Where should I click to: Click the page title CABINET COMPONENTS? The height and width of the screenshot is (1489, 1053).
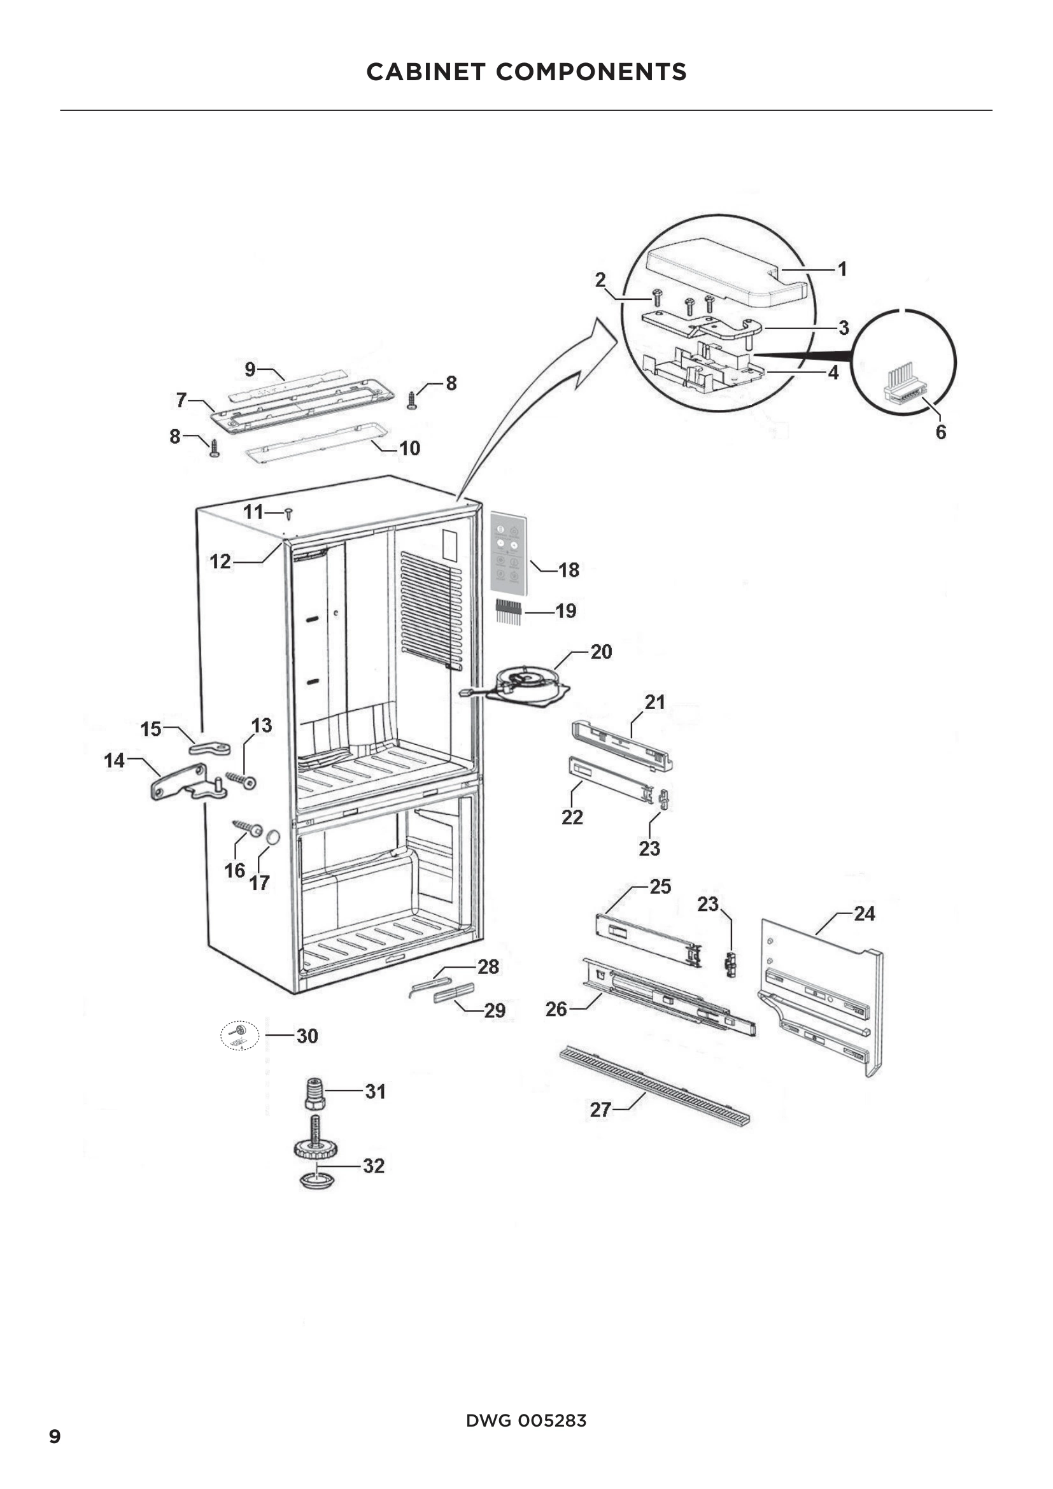[526, 72]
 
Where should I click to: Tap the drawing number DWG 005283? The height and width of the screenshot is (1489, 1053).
[526, 1420]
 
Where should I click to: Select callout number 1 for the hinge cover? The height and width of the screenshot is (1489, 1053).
[842, 269]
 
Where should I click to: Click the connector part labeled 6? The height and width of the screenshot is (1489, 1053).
[905, 388]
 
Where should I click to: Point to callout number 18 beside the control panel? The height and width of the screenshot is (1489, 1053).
[569, 570]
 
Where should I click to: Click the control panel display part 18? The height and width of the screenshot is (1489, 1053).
[507, 553]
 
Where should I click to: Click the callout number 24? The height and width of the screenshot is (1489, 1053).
[865, 914]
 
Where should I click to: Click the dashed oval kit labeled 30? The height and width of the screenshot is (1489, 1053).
[240, 1036]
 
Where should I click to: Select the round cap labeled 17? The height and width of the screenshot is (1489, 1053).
[273, 837]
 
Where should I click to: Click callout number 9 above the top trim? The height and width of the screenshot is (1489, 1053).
[250, 370]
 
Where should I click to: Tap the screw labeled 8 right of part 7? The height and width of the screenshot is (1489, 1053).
[411, 400]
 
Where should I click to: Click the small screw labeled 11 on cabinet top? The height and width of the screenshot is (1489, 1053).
[289, 514]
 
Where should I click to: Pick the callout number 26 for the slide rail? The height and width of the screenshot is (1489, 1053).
[556, 1009]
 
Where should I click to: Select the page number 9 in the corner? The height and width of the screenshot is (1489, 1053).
[55, 1436]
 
